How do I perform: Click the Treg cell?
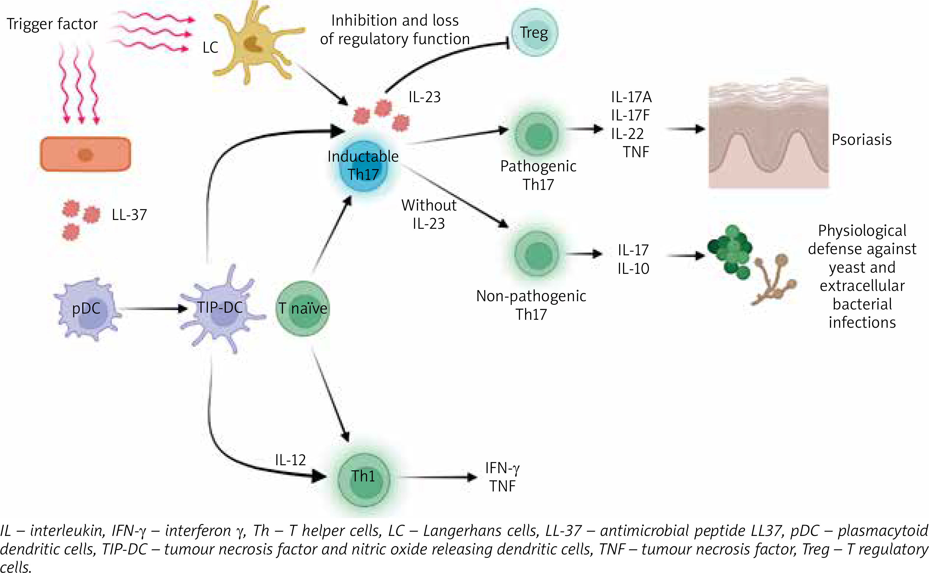(534, 33)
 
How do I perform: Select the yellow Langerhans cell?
(252, 44)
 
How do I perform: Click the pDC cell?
(86, 309)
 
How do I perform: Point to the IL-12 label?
(290, 460)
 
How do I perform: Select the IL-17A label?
(631, 97)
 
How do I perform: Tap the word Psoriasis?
(861, 140)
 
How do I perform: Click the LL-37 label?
(129, 215)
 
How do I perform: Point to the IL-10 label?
(633, 269)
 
